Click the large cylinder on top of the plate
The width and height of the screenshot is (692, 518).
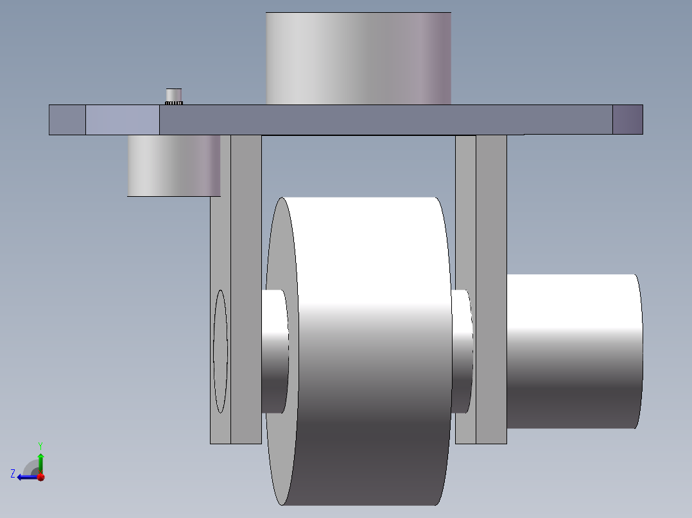358,58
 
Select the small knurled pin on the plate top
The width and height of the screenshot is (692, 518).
174,97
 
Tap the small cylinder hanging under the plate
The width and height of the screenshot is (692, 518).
174,166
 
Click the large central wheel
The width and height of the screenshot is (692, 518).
358,351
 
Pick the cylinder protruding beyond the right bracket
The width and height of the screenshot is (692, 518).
575,351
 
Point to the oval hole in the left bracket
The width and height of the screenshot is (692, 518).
220,351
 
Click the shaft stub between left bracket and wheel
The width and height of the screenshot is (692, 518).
275,351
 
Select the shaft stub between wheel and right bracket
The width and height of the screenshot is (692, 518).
462,351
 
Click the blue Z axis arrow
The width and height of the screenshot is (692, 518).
28,477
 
